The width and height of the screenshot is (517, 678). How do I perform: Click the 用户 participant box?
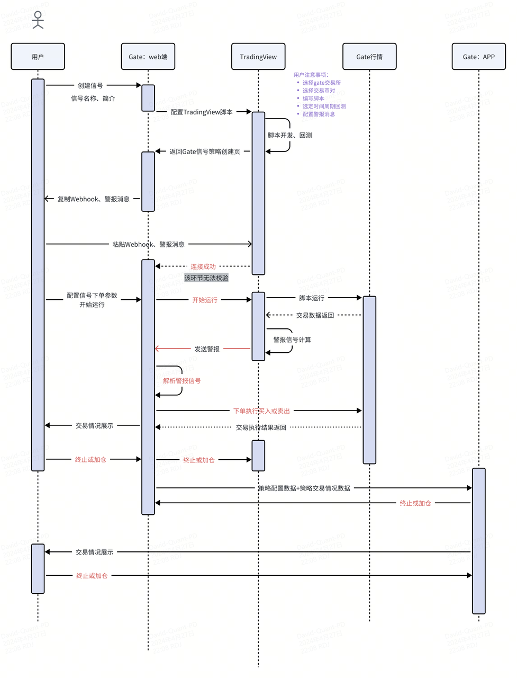coord(38,57)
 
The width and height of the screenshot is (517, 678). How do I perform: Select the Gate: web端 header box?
coord(148,57)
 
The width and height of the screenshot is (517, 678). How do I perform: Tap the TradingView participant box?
coord(258,57)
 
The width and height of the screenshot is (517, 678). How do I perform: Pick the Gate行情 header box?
coord(369,57)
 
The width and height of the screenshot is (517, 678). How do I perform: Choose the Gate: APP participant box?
coord(478,57)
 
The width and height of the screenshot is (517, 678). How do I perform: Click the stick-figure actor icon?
coord(38,20)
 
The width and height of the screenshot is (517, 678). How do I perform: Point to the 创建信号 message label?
coord(90,85)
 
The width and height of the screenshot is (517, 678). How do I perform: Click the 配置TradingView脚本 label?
coord(202,112)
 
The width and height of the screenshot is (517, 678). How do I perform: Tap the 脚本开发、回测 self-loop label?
coord(289,136)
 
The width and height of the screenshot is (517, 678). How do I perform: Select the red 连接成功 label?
coord(203,266)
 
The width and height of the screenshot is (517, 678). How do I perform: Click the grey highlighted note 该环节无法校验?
coord(206,278)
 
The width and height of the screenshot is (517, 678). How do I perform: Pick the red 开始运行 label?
coord(205,300)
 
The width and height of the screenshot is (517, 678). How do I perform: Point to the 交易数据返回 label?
coord(315,315)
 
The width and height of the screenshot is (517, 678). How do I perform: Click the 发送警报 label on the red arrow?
coord(207,349)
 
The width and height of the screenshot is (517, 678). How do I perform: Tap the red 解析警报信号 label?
coord(182,381)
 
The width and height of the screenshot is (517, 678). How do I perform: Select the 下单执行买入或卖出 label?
coord(262,411)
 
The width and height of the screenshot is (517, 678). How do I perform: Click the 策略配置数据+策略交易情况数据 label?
coord(304,488)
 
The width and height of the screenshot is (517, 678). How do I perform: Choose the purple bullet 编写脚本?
coord(313,99)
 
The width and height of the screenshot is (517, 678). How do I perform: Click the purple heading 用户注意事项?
coord(311,75)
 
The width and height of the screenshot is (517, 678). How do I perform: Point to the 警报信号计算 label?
coord(292,340)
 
